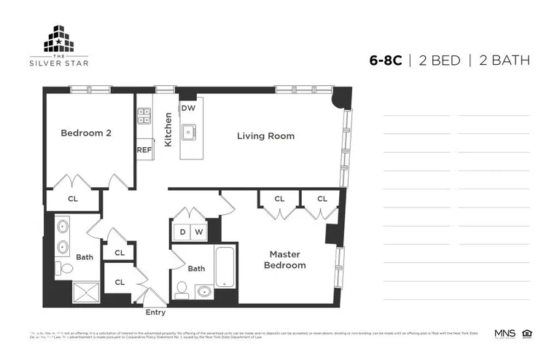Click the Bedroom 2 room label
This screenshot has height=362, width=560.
85,133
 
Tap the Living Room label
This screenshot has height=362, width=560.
265,135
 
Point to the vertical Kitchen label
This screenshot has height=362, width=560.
168,130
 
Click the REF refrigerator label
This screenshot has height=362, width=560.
144,150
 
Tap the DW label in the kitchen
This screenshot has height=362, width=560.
188,108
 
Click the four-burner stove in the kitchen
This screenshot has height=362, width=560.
144,114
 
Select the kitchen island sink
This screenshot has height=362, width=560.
189,133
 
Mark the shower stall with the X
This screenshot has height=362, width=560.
90,293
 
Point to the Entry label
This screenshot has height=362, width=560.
155,312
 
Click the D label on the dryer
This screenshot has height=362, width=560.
182,232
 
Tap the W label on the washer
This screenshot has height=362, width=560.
198,232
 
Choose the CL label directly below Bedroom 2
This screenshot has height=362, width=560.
73,198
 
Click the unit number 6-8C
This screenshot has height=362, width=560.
385,60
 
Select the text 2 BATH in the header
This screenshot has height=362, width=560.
504,60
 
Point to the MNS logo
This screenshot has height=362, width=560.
505,334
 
